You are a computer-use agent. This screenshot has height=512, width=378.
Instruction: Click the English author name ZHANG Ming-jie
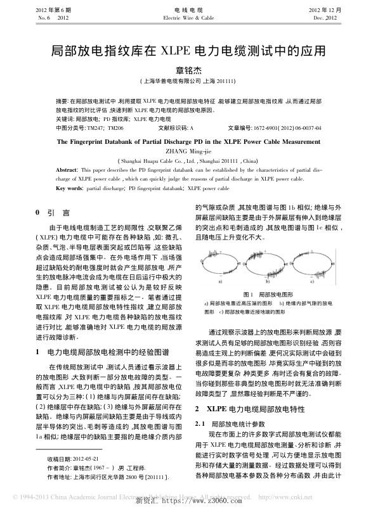click(x=188, y=152)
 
